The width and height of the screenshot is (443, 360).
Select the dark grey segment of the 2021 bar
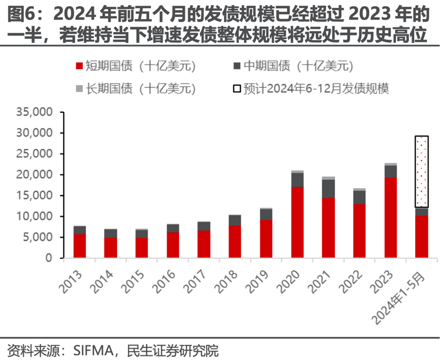pos(328,188)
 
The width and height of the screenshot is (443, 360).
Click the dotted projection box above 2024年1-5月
pos(421,172)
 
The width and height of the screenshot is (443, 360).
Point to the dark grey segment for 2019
pos(266,215)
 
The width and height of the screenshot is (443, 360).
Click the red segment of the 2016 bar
pos(173,245)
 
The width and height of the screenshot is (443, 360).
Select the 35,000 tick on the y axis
pos(35,112)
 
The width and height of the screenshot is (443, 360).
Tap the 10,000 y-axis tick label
pos(35,217)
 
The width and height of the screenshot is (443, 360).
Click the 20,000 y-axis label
pos(35,175)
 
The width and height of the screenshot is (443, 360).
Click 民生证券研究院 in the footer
pos(175,351)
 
